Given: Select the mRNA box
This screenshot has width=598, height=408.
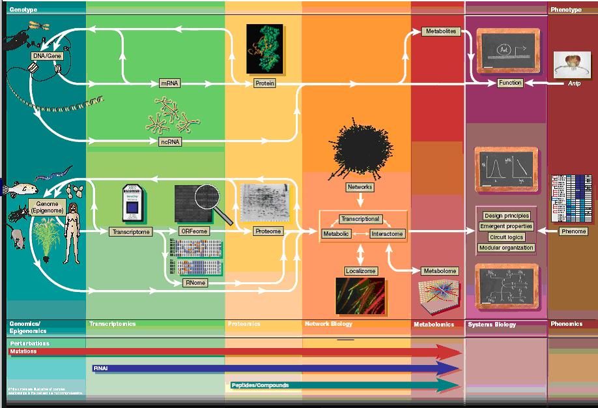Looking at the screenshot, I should [x=170, y=83].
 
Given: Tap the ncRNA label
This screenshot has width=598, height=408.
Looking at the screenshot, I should [x=170, y=141].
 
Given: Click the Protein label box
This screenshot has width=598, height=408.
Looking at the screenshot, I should [x=264, y=83].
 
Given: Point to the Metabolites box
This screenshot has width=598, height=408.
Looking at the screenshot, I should [x=441, y=31].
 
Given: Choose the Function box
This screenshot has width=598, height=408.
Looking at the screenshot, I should [x=510, y=83].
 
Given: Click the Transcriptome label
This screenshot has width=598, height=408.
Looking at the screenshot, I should [x=131, y=231].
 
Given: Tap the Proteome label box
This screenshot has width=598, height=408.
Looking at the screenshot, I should [x=268, y=231].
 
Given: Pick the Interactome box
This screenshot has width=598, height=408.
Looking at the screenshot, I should [x=388, y=233].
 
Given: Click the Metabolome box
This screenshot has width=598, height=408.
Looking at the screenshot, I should [x=440, y=270].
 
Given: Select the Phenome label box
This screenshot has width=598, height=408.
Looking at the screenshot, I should [x=574, y=231].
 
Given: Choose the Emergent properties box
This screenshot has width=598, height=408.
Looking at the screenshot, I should [x=506, y=226].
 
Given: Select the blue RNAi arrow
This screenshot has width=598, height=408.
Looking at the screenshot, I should [x=274, y=369].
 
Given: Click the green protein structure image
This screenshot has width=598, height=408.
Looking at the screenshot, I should [x=264, y=48].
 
